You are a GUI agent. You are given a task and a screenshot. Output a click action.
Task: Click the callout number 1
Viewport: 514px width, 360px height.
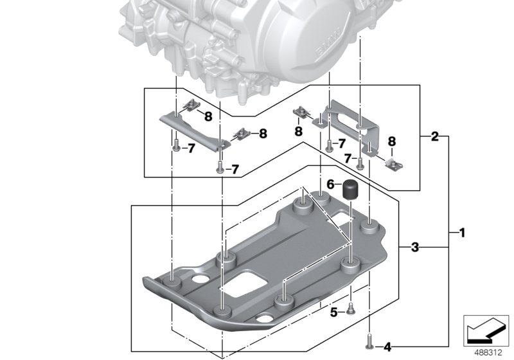(x=461, y=232)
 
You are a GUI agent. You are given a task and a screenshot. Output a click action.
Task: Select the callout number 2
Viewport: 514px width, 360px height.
(x=435, y=137)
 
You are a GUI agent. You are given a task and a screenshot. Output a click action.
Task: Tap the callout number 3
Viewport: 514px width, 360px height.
(x=416, y=247)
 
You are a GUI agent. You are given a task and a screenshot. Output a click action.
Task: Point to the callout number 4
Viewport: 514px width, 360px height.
(x=387, y=347)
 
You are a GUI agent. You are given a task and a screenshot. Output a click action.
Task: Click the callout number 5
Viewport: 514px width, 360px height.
(x=333, y=313)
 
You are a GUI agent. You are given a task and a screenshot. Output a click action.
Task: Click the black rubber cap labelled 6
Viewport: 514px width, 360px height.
(x=351, y=190)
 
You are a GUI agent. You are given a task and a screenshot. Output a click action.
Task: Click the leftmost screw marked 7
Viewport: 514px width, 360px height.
(x=175, y=145)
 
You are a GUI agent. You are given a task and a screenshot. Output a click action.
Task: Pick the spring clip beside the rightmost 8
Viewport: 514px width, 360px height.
(x=390, y=163)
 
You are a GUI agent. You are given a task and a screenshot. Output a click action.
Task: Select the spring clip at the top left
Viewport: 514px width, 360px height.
(x=190, y=105)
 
